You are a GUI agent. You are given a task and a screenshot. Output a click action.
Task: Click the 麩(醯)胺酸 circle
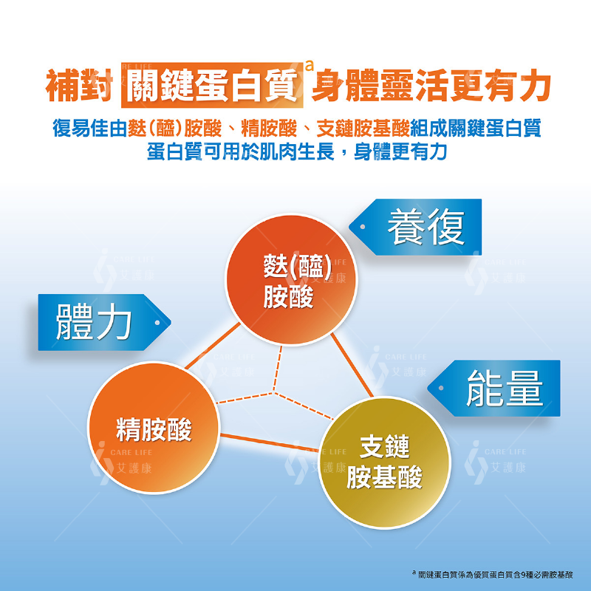[290, 279]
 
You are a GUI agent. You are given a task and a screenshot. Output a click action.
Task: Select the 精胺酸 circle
[154, 428]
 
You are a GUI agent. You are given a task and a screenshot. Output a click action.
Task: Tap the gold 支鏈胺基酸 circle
[384, 462]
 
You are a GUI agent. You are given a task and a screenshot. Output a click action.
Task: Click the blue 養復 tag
[415, 227]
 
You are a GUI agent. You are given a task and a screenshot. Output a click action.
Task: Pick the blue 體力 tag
[104, 322]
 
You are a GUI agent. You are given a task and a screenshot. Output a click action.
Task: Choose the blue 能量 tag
[493, 389]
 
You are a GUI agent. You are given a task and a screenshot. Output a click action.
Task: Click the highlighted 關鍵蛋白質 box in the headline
[212, 85]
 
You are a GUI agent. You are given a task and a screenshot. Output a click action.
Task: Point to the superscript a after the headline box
[309, 66]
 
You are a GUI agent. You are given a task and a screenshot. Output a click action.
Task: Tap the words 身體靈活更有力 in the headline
[431, 86]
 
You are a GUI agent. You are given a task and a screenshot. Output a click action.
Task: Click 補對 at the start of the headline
[79, 86]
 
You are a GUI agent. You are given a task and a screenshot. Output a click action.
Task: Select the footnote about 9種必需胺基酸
[493, 575]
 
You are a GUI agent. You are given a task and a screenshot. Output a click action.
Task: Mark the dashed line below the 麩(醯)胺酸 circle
[278, 369]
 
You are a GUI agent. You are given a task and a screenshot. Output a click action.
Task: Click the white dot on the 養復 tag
[363, 227]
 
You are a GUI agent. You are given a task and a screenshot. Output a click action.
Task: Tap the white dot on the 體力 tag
[157, 323]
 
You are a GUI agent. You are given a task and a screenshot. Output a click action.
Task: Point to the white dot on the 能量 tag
[441, 388]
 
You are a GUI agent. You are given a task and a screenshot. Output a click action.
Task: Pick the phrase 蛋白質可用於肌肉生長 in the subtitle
[241, 151]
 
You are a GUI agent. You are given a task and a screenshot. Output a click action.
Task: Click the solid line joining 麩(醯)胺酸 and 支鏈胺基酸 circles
[352, 365]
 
